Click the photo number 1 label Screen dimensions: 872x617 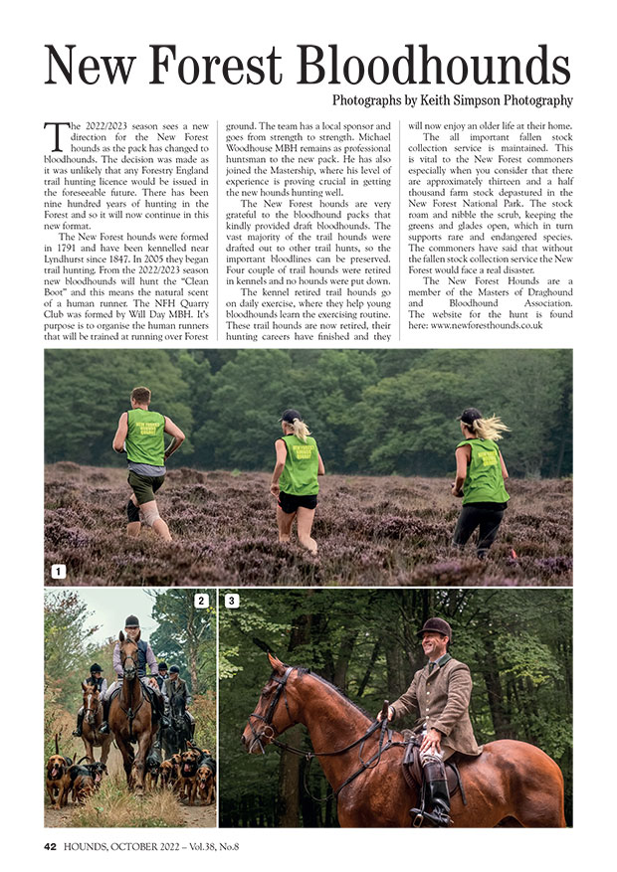pos(59,572)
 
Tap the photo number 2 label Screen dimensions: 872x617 pos(201,601)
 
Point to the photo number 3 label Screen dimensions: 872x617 pos(232,601)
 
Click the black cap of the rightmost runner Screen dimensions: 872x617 pos(471,415)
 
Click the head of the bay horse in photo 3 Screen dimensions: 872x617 pos(261,706)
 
